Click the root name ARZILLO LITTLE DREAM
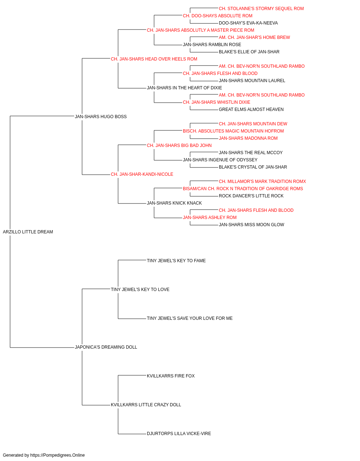(28, 232)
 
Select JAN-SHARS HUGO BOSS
(101, 116)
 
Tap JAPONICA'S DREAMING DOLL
(106, 347)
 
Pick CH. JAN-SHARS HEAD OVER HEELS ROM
(154, 59)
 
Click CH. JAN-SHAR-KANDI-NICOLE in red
(142, 174)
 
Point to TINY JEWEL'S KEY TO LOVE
(140, 289)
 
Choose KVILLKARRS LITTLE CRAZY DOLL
(146, 404)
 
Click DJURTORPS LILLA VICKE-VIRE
(179, 433)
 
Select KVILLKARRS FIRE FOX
(171, 376)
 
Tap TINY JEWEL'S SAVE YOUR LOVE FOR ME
(190, 318)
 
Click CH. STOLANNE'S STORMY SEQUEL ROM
(261, 9)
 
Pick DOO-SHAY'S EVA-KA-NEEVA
(248, 23)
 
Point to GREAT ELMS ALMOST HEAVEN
(251, 109)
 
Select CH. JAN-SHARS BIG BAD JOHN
(179, 145)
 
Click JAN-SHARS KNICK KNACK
(174, 203)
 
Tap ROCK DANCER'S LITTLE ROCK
(251, 196)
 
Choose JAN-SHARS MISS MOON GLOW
(251, 225)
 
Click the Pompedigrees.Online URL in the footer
(57, 455)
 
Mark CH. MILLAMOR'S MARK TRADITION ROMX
(262, 182)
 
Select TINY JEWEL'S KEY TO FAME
(176, 260)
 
